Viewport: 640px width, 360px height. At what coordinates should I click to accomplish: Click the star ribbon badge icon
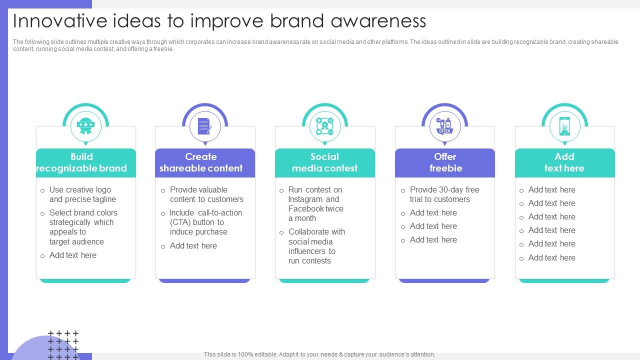[85, 126]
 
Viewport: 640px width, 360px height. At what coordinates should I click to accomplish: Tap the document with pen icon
[205, 126]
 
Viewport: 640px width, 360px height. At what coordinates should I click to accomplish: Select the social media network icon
[324, 126]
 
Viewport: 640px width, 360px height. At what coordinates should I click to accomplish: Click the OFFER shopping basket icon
[444, 125]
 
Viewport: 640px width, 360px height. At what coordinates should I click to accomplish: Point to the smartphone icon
[564, 126]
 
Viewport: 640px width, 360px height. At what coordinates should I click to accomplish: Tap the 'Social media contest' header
[325, 162]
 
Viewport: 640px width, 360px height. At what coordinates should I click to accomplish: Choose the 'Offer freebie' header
[445, 162]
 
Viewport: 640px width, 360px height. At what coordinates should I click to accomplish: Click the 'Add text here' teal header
[565, 162]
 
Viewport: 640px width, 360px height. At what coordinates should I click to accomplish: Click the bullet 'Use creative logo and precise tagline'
[82, 194]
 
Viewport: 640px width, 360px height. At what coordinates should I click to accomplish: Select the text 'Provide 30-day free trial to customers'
[444, 194]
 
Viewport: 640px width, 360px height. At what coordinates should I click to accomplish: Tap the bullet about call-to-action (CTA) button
[205, 222]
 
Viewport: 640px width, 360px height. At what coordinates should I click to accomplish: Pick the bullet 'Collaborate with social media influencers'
[316, 246]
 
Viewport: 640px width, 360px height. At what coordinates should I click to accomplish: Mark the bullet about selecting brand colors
[83, 227]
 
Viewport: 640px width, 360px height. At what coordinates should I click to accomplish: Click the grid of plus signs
[63, 345]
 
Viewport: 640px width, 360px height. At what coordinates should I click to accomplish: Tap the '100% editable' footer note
[319, 354]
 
